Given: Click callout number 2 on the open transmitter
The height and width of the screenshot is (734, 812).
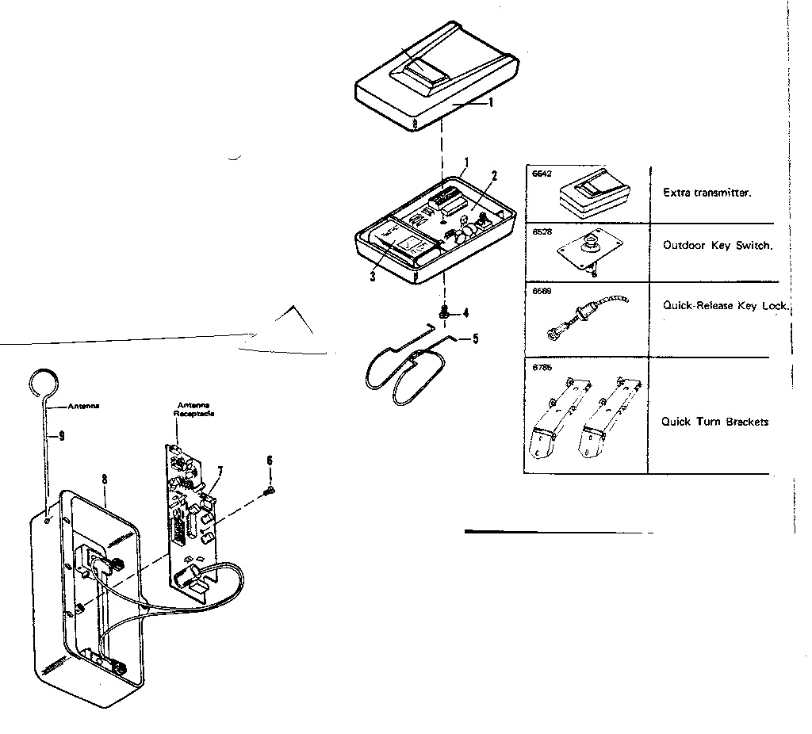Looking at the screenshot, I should [493, 175].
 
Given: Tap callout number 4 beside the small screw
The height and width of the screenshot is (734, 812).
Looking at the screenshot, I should [465, 312].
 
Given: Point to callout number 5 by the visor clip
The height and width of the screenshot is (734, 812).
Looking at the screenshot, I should [475, 338].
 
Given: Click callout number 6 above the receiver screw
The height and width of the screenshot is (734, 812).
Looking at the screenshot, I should [270, 460].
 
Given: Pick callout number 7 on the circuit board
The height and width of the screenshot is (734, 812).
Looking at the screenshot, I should [220, 472].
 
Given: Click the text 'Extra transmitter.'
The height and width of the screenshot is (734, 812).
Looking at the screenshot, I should [707, 193].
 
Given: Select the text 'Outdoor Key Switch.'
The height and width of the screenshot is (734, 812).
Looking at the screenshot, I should [718, 246].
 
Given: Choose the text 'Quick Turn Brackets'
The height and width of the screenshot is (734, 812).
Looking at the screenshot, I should [714, 422].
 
